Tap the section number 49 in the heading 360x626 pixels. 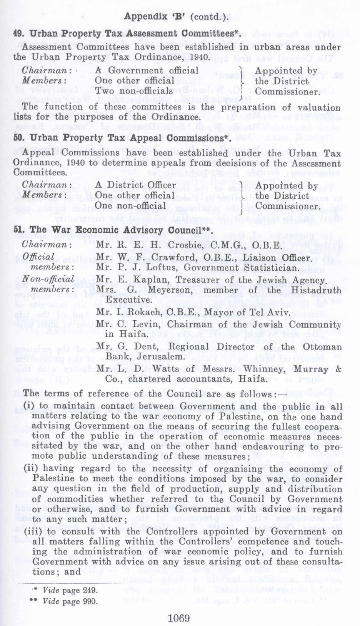[x=18, y=33]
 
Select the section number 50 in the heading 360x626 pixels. [x=18, y=138]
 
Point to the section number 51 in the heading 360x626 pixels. [x=18, y=230]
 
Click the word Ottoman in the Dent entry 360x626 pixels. [x=322, y=347]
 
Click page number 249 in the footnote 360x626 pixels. [x=90, y=590]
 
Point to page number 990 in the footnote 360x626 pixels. [x=90, y=601]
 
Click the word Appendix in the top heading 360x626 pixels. [x=145, y=17]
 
